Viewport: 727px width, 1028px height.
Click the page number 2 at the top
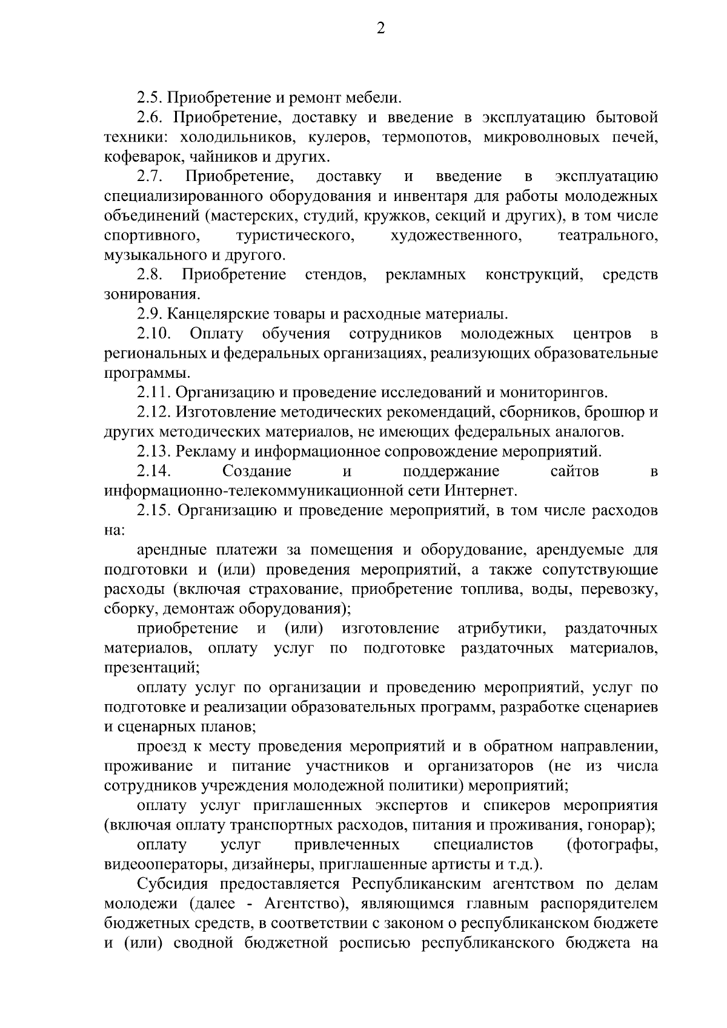pyautogui.click(x=380, y=28)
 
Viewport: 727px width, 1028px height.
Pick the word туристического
pyautogui.click(x=295, y=236)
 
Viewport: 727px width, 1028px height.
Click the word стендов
pyautogui.click(x=336, y=275)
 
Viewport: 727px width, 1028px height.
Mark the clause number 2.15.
pyautogui.click(x=154, y=510)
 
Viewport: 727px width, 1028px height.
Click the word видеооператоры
pyautogui.click(x=157, y=864)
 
